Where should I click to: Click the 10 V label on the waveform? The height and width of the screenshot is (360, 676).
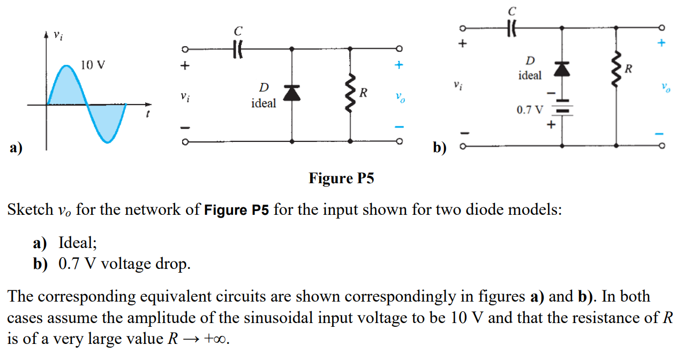[x=93, y=65]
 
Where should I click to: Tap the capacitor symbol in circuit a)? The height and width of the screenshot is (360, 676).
[x=237, y=49]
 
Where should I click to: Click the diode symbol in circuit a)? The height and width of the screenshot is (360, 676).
[x=291, y=93]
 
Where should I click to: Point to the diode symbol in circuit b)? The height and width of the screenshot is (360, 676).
[x=561, y=69]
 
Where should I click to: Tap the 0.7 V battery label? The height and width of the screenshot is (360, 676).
[x=529, y=110]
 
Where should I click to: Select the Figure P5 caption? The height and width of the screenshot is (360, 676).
[x=341, y=178]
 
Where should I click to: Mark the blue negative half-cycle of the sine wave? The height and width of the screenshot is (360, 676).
[x=107, y=122]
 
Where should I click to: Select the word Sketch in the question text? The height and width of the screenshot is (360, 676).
[x=30, y=209]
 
